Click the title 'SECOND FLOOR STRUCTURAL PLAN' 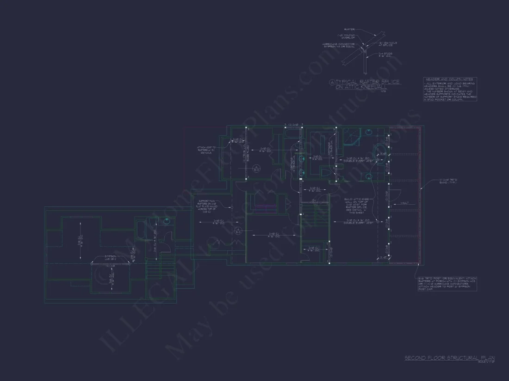pyautogui.click(x=450, y=357)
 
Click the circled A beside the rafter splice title pyautogui.click(x=331, y=82)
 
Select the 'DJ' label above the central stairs pyautogui.click(x=313, y=200)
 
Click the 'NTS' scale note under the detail pyautogui.click(x=383, y=91)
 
